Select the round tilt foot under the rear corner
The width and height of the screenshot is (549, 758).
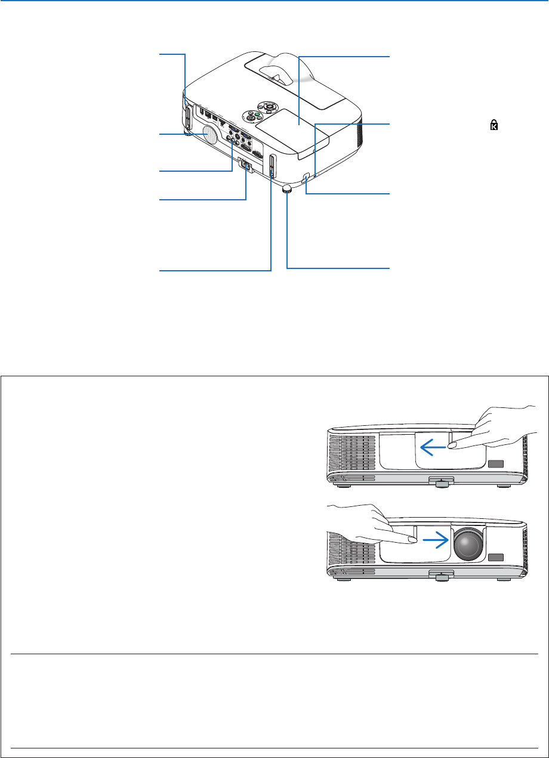pos(287,189)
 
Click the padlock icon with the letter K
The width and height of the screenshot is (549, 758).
pos(494,125)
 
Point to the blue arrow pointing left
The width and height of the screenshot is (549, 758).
pos(432,445)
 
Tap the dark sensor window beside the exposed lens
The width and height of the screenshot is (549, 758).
pos(495,558)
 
